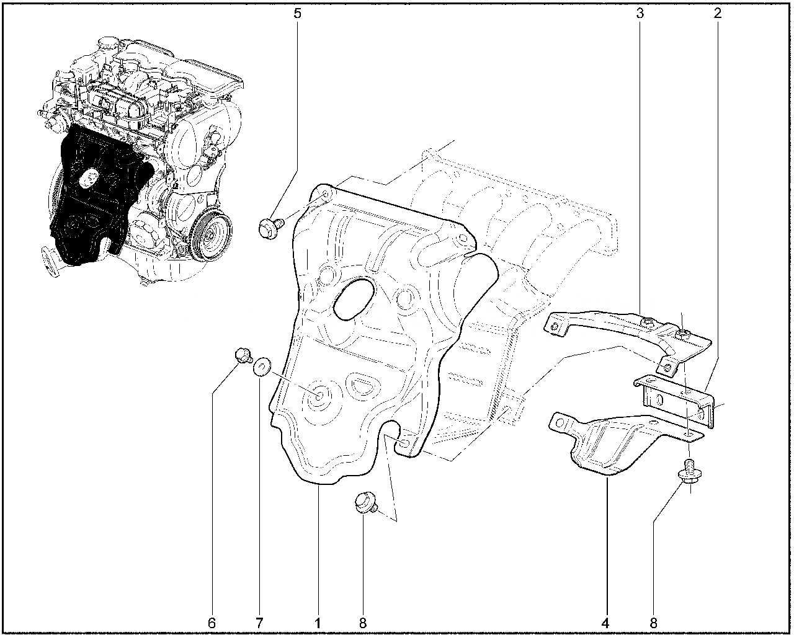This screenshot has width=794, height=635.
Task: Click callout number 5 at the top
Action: [297, 14]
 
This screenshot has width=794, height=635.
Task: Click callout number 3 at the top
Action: [640, 14]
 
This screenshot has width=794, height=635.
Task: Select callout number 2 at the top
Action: [718, 14]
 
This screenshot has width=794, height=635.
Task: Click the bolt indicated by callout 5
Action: [271, 228]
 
